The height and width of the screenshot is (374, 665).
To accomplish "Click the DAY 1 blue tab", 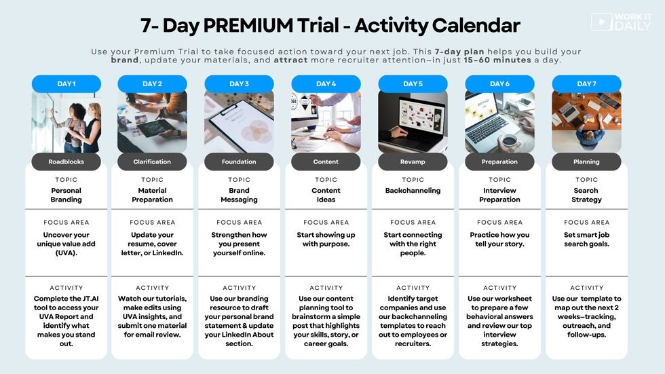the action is [66, 83].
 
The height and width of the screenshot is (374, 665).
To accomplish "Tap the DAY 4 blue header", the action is [326, 83].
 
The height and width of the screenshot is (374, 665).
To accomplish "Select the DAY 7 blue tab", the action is [586, 83].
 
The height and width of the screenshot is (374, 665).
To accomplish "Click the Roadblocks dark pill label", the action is [66, 162].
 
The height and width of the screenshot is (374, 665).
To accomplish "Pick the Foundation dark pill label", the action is [239, 162].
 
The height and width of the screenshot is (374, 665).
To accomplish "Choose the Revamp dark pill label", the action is [413, 162].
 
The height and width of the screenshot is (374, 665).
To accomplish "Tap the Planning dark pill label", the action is [586, 162].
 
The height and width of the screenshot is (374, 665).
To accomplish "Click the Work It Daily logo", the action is [621, 22].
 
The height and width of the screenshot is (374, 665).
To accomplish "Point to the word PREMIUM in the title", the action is [248, 25].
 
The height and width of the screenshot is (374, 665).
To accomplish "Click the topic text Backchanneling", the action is [413, 190].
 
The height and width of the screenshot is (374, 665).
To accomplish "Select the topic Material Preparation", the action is [152, 195].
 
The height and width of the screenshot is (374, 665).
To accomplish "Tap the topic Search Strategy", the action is [586, 195].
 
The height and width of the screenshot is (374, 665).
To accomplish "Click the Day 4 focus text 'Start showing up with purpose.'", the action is [326, 239].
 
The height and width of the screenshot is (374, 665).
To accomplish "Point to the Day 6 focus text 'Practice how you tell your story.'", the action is [499, 239].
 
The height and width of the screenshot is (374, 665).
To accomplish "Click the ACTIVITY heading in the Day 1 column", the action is [66, 288].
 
